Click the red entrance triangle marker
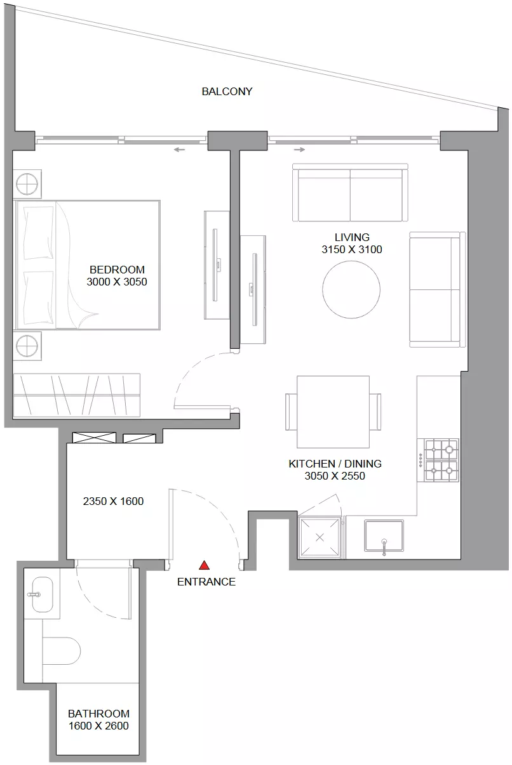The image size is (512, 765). (x=204, y=565)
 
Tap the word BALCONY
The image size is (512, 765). (x=227, y=91)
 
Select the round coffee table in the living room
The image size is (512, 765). (x=351, y=290)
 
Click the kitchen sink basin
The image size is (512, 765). (x=384, y=535)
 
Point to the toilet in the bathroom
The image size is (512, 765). (x=61, y=651)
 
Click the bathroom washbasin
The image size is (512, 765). (x=43, y=594)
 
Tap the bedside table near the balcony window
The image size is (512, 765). (x=27, y=184)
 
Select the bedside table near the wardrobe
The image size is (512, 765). (x=27, y=346)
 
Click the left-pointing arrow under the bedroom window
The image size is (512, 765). (x=179, y=150)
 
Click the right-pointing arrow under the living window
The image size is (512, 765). (x=299, y=150)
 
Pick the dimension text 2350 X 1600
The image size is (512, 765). (x=113, y=501)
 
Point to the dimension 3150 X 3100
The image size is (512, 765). (x=351, y=250)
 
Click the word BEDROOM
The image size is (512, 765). (x=117, y=270)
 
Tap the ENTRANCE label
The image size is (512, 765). (x=206, y=582)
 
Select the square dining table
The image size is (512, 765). (x=333, y=412)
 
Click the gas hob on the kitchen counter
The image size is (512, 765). (x=438, y=460)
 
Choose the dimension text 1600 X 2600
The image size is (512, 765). (x=98, y=726)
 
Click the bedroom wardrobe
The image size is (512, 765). (x=77, y=395)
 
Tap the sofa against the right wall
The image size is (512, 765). (x=438, y=290)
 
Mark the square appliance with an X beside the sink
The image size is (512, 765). (x=320, y=537)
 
